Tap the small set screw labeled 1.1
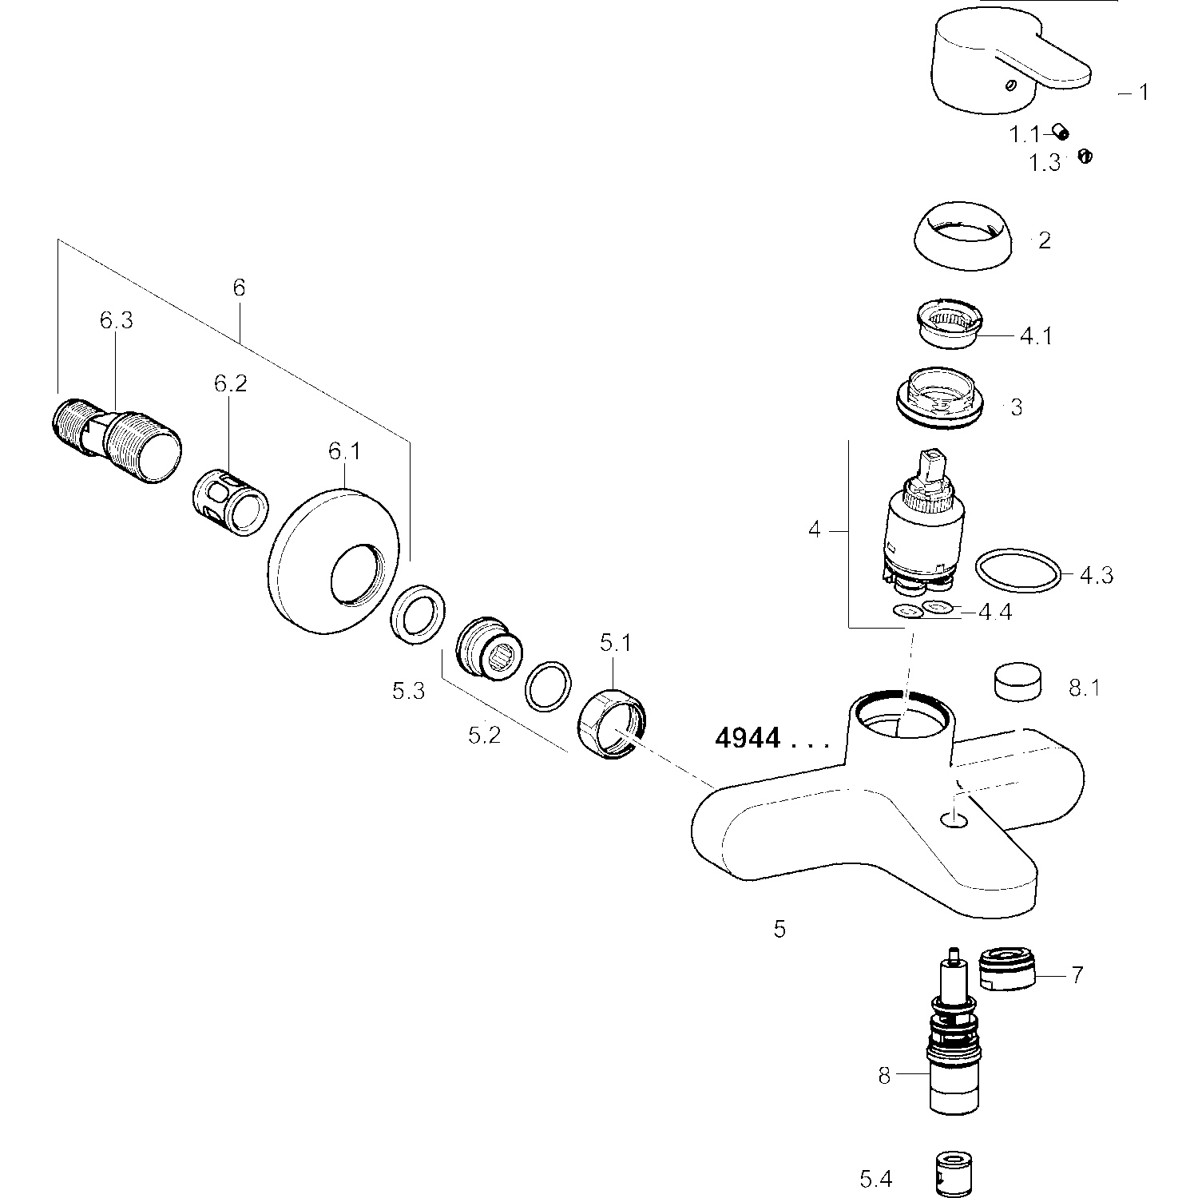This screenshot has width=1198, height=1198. (1061, 133)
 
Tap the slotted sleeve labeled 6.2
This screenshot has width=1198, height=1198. (231, 503)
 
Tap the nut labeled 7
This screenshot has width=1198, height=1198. (1007, 970)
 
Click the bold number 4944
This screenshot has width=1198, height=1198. (748, 739)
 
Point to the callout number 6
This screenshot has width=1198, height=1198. (239, 288)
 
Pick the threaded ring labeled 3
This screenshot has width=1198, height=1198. (942, 396)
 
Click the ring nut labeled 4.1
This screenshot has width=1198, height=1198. (950, 322)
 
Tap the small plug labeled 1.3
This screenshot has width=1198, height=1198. (1085, 157)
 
